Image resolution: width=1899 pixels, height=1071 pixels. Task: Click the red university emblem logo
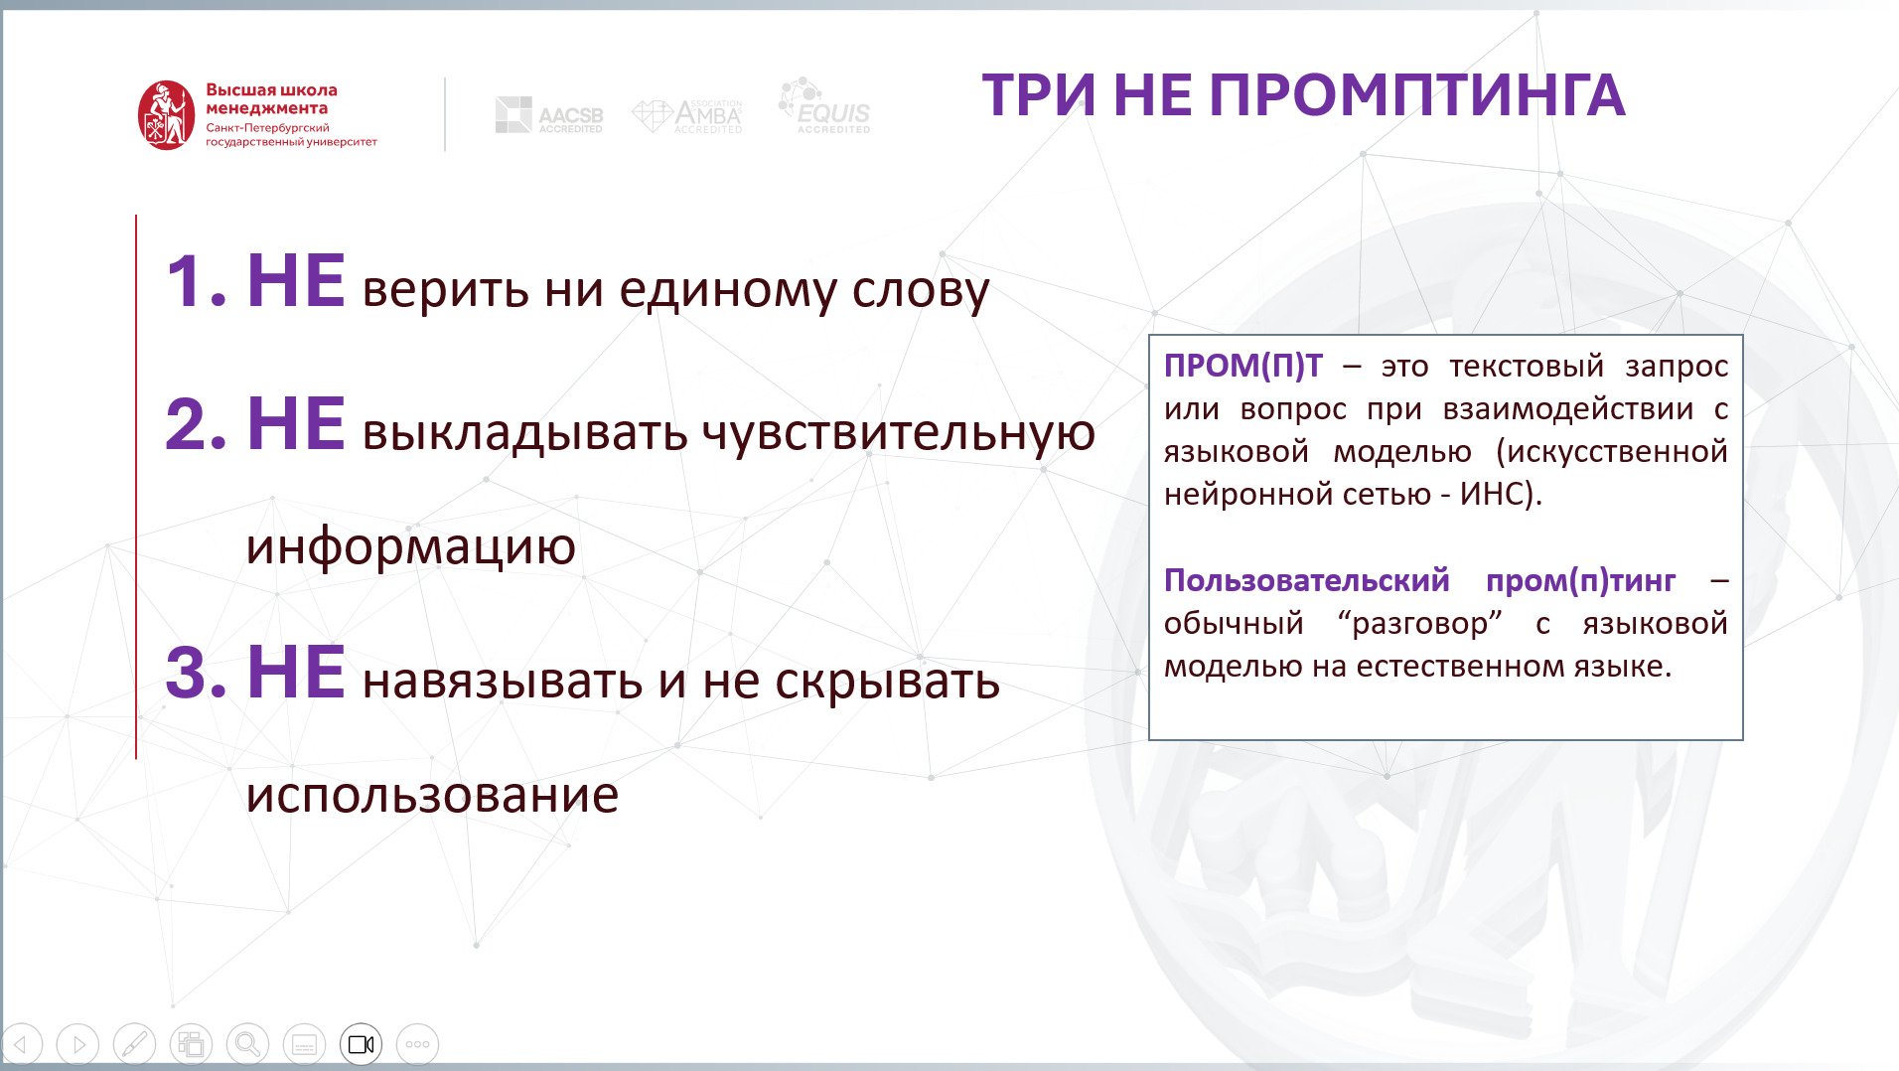(166, 115)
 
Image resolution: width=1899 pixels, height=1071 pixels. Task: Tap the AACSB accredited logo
(549, 115)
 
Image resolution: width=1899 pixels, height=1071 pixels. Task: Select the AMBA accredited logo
(687, 116)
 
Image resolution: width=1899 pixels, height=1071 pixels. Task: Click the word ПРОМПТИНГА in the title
(1417, 95)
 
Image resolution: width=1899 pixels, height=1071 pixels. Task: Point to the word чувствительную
(898, 433)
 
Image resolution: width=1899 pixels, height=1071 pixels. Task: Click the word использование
(432, 796)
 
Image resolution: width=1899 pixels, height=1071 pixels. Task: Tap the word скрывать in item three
(887, 683)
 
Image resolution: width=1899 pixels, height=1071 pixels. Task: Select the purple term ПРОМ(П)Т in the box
(1243, 366)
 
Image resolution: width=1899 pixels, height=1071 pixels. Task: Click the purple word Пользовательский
(1307, 580)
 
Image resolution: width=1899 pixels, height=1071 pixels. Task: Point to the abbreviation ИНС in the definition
(1493, 494)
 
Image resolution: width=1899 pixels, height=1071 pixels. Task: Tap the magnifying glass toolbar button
(247, 1044)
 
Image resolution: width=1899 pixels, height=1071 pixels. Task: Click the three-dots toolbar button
(417, 1044)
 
